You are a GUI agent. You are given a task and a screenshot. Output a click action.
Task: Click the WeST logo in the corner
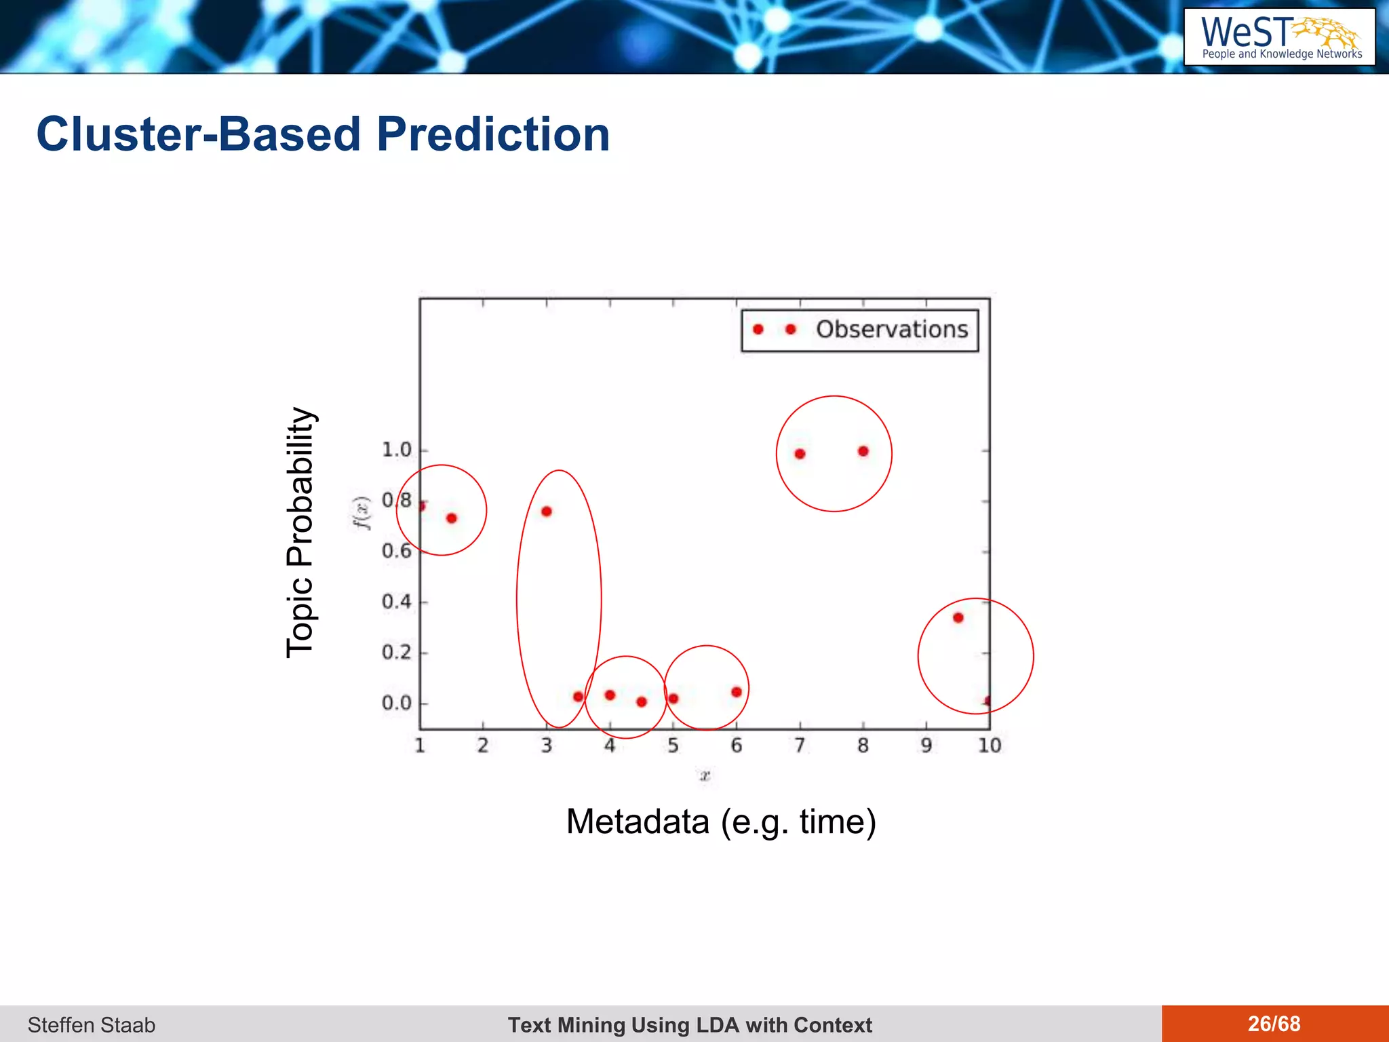pos(1279,37)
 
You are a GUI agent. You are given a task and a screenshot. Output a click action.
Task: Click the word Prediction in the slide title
pos(493,134)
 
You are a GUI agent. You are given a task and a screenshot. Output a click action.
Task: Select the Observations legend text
pos(891,330)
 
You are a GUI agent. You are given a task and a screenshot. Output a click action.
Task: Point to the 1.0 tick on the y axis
pos(397,450)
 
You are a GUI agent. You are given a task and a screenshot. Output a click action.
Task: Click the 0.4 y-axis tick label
pos(397,602)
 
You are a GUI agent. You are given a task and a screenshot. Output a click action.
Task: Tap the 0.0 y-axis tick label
pos(397,703)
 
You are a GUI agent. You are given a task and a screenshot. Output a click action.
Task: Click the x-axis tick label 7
pos(800,746)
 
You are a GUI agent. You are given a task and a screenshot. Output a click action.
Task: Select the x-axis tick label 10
pos(989,746)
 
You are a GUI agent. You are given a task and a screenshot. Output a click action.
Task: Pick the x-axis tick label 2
pos(483,746)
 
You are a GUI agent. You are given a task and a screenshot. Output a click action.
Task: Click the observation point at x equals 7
pos(800,454)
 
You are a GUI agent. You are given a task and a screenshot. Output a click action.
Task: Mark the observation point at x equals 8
pos(863,451)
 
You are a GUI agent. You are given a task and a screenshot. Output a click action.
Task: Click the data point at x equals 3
pos(547,512)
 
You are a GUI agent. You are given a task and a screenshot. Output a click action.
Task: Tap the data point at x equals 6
pos(737,692)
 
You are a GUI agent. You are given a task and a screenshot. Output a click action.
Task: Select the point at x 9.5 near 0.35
pos(958,617)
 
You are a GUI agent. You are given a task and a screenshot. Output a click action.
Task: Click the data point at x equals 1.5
pos(452,518)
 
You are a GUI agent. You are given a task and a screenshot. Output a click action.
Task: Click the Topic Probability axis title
pos(300,533)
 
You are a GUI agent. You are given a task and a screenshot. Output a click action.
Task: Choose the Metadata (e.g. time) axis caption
pos(721,822)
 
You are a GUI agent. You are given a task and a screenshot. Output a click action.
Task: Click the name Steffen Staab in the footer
pos(92,1024)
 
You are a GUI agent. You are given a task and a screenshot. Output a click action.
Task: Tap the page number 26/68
pos(1274,1024)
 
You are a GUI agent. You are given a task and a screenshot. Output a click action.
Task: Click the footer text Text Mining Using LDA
pos(690,1024)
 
